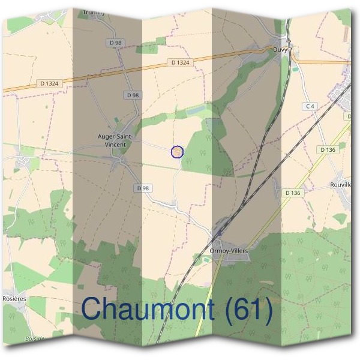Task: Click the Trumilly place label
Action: (x=94, y=11)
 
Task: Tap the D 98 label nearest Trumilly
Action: (x=115, y=43)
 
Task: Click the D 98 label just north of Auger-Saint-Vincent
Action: (x=133, y=95)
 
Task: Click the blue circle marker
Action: (x=176, y=152)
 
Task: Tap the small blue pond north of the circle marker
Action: (x=195, y=112)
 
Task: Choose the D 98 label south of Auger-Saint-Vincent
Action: (x=143, y=188)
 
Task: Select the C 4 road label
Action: (x=310, y=107)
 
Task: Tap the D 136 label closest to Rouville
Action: (x=327, y=149)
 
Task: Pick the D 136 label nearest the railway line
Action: (x=292, y=193)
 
